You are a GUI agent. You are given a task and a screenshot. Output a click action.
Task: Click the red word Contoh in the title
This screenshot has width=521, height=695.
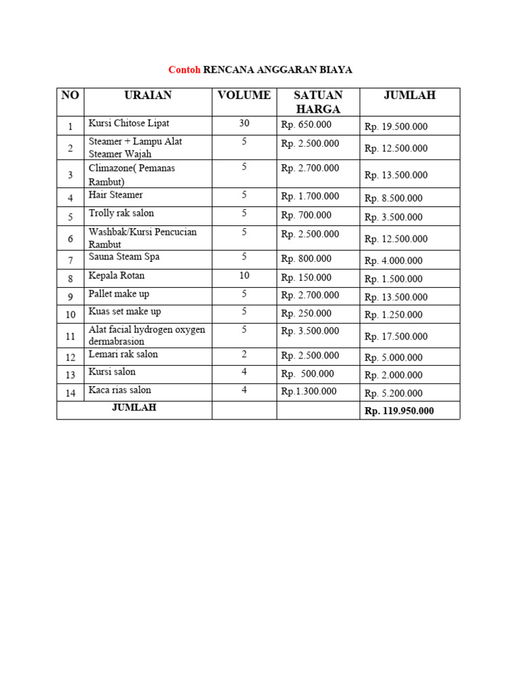pos(185,70)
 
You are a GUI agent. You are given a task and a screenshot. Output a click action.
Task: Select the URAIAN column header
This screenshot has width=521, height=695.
pos(148,96)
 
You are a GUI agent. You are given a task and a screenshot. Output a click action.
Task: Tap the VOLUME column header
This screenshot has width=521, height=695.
pos(244,96)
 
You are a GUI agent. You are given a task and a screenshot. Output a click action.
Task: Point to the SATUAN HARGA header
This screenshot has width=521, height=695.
pos(318,102)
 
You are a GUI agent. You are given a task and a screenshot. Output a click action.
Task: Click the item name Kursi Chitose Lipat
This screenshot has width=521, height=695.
pos(129,124)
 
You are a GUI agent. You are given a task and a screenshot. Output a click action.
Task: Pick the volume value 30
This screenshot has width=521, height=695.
pos(244,124)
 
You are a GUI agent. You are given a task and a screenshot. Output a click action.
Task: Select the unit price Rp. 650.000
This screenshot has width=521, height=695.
pos(307,124)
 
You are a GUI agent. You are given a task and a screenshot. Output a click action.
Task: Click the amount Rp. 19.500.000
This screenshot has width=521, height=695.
pos(396,127)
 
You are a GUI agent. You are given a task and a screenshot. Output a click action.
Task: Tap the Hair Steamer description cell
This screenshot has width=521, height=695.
pos(116,195)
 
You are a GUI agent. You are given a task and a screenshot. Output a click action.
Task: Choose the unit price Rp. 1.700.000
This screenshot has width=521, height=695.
pos(310,197)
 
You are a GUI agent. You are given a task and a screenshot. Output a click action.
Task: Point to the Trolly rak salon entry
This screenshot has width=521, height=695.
pos(121,213)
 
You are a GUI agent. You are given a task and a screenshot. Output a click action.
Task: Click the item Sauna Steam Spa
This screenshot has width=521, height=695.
pos(124,257)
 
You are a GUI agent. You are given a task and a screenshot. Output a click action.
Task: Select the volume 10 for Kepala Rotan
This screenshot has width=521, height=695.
pos(244,276)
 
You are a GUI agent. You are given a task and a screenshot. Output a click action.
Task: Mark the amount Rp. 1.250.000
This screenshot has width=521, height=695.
pos(393,315)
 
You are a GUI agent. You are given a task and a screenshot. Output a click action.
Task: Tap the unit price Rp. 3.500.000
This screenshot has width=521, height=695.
pos(310,331)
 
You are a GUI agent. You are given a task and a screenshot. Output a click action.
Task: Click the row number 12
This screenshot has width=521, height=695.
pos(71,357)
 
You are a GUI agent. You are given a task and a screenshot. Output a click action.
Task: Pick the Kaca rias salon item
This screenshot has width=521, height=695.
pos(120,390)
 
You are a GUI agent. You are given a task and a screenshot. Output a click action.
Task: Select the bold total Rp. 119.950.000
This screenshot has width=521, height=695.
pos(400,411)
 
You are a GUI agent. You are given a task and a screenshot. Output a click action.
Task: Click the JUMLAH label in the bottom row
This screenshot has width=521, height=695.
pos(134,408)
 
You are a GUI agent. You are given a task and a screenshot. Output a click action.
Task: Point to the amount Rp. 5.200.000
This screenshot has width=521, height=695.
pos(393,394)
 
